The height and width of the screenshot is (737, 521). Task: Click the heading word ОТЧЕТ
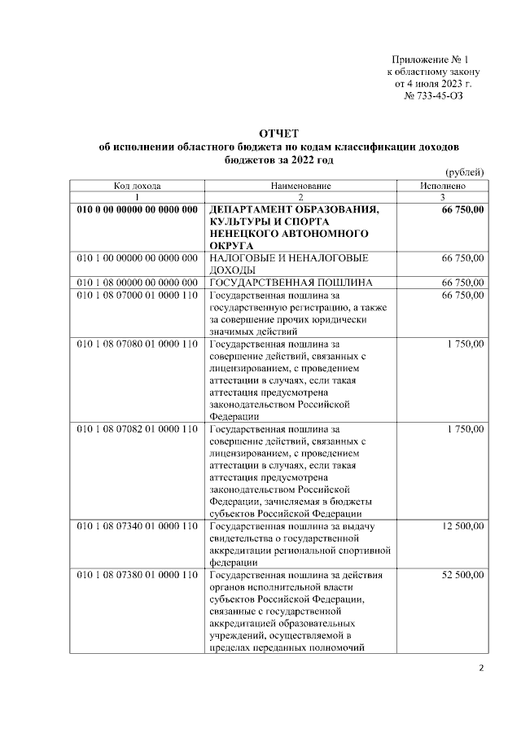[x=278, y=133]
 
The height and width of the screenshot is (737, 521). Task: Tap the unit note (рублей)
[x=466, y=172]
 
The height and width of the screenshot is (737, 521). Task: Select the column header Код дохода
[x=137, y=186]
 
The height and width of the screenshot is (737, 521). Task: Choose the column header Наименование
[x=300, y=186]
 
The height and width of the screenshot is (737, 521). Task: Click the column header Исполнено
[x=443, y=186]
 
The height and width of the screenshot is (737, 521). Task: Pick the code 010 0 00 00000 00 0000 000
[x=137, y=209]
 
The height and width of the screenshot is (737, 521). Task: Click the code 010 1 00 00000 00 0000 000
[x=137, y=257]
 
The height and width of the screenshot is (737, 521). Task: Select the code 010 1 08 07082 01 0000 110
[x=137, y=428]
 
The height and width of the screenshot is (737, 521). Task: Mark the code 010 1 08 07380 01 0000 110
[x=137, y=575]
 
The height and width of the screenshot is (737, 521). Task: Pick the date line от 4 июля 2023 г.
[x=433, y=84]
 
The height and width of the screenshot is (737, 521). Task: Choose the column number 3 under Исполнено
[x=443, y=197]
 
